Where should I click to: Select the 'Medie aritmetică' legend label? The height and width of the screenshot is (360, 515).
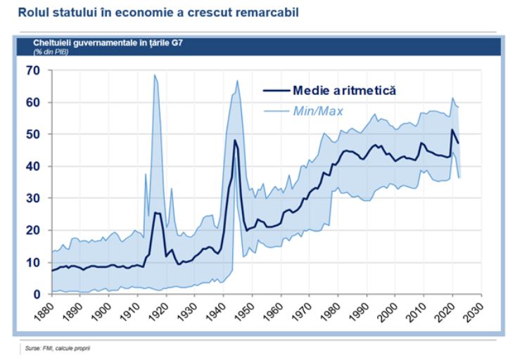345,90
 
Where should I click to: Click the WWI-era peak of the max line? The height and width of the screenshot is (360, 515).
155,75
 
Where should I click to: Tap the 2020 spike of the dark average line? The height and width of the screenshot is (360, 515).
452,129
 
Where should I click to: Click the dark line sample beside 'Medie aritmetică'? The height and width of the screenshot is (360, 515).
275,90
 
